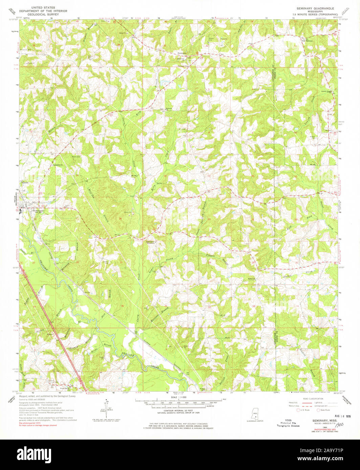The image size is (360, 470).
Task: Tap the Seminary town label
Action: [38, 210]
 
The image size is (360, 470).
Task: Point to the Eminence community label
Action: [182, 53]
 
